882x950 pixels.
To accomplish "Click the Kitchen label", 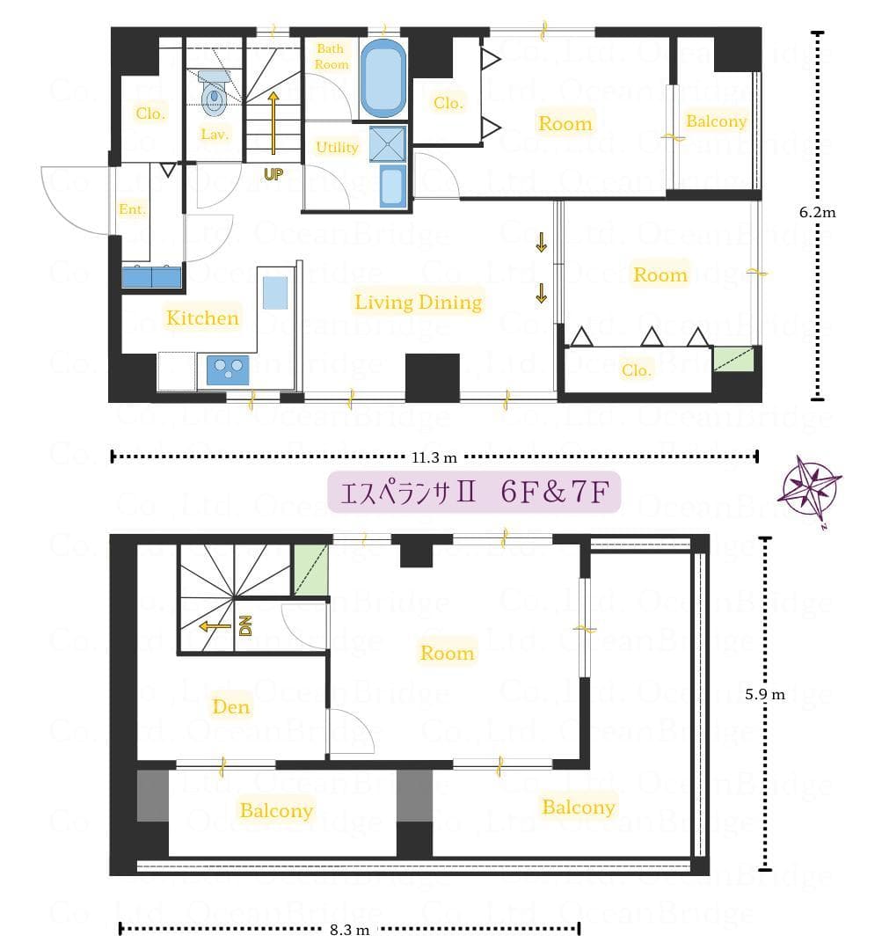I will [202, 318].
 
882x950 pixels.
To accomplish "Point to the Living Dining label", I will [418, 303].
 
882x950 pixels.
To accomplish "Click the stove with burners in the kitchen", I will [228, 369].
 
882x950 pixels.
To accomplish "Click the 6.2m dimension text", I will [817, 211].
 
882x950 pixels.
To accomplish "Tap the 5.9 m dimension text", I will [765, 694].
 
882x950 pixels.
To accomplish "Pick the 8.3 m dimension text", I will [348, 929].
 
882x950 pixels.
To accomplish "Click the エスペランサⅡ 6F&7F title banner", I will [474, 493].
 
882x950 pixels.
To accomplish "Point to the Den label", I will [231, 706].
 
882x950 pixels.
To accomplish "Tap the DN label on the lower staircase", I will [246, 625].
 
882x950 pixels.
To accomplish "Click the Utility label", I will [337, 147].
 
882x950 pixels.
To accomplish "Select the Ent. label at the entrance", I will [132, 209].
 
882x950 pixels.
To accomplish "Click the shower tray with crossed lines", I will [389, 144].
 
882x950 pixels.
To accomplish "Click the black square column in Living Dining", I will [433, 376].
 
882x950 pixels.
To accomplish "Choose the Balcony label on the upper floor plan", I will [716, 121].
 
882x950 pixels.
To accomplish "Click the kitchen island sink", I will [275, 292].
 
